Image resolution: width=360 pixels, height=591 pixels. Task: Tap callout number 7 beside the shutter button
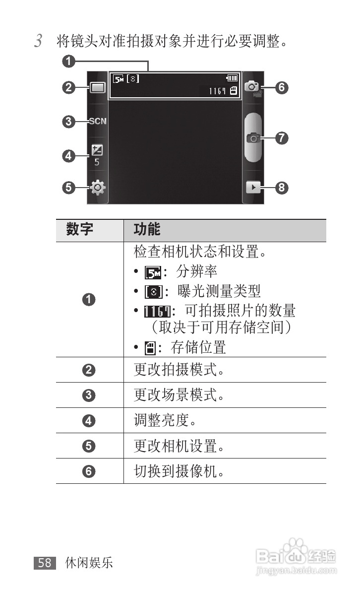point(281,138)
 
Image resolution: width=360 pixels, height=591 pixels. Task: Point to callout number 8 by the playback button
point(281,188)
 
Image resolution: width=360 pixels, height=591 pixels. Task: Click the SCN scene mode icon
point(98,121)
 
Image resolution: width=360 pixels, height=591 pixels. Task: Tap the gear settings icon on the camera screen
point(98,188)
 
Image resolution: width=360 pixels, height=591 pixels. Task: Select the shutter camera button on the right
point(253,138)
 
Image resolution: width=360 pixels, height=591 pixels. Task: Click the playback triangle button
point(253,188)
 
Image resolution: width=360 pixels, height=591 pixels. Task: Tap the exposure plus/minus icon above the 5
point(97,150)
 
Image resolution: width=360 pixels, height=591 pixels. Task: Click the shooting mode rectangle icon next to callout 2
point(98,88)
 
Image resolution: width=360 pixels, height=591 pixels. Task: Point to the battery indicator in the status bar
point(232,78)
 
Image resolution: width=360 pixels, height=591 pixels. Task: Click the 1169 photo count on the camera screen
point(217,90)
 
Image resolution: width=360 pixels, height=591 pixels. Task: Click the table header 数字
point(80,230)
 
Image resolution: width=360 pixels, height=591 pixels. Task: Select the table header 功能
point(147,230)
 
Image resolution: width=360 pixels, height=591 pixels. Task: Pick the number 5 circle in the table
point(89,446)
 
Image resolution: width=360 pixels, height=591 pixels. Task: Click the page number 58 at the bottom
point(45,562)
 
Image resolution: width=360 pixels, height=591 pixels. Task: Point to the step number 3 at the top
point(38,41)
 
